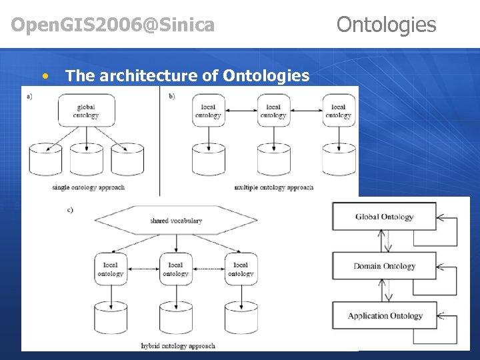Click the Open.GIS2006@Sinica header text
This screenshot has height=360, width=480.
tap(113, 25)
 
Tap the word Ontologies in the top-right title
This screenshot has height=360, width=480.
tap(386, 25)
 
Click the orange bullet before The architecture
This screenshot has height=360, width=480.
tap(45, 75)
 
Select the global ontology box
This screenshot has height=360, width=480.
tap(86, 111)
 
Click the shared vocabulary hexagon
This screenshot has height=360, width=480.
tap(176, 221)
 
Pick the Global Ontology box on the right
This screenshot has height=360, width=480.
tap(384, 217)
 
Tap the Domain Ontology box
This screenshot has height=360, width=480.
tap(384, 266)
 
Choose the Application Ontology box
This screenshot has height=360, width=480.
tap(384, 316)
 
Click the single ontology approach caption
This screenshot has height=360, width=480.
tap(89, 187)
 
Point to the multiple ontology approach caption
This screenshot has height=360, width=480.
tap(273, 187)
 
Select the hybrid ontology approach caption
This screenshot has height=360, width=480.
tap(178, 345)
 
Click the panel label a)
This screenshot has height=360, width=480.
tap(30, 96)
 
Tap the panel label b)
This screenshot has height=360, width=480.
tap(172, 96)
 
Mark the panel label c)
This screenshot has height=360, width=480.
tap(70, 210)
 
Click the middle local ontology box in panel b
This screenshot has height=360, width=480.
tap(273, 111)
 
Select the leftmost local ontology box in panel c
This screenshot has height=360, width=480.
tap(111, 269)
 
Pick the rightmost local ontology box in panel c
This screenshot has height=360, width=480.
tap(241, 269)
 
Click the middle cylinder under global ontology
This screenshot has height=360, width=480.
tap(87, 160)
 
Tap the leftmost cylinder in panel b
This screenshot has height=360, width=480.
tap(209, 160)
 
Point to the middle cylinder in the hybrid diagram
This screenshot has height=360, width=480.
tap(176, 318)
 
